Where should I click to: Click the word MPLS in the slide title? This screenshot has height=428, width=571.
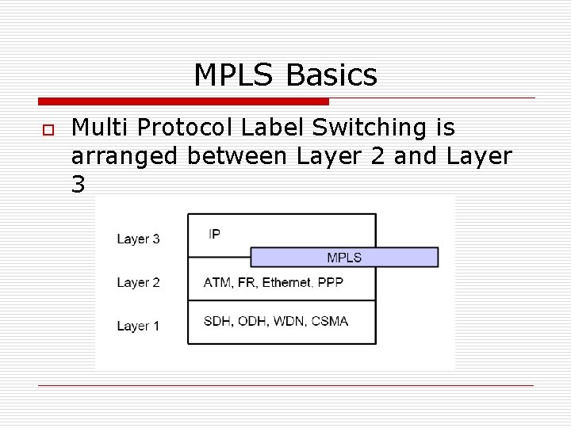[235, 76]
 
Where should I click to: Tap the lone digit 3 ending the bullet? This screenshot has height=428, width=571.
[79, 185]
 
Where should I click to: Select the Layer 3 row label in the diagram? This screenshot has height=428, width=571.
[138, 239]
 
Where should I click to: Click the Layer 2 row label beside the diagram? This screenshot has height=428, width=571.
[138, 282]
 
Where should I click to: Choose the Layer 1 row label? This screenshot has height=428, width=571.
[138, 326]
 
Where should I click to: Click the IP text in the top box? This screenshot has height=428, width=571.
[214, 234]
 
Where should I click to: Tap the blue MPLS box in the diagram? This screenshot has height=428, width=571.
[344, 257]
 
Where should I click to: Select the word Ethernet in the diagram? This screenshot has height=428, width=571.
[287, 282]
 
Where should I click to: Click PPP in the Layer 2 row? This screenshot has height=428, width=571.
[330, 282]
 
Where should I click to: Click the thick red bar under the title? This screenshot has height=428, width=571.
[183, 101]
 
